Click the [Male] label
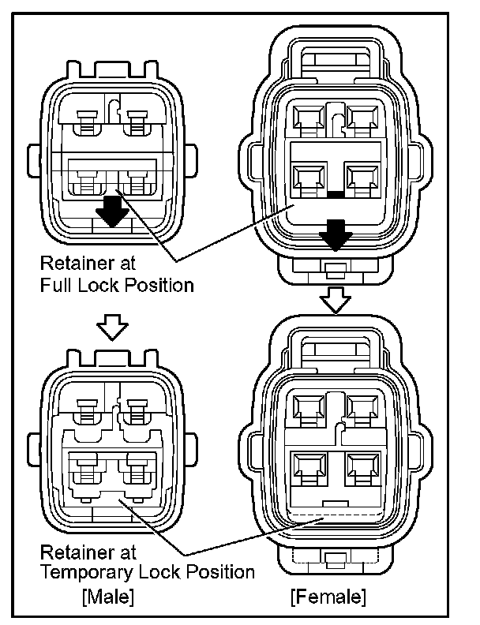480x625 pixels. tap(108, 593)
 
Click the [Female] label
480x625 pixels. tap(328, 593)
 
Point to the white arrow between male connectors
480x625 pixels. tap(112, 325)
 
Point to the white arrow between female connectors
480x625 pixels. tap(336, 299)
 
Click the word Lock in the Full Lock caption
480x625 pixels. tap(103, 285)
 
